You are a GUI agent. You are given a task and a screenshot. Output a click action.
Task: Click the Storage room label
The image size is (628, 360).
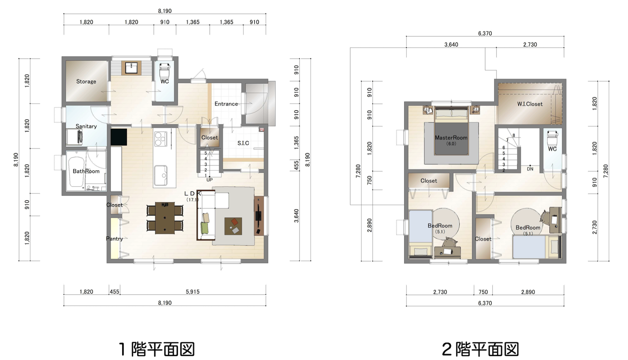coord(86,81)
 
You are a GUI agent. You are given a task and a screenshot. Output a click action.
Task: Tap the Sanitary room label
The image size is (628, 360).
coord(86,127)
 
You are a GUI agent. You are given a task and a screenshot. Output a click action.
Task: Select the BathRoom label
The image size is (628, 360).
coord(86,171)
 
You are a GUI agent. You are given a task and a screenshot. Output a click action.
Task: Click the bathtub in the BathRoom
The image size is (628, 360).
coord(76,172)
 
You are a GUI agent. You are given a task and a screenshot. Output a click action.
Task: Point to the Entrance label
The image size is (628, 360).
coord(226,104)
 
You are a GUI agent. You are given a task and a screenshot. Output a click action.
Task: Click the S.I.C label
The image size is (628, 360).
coord(243,143)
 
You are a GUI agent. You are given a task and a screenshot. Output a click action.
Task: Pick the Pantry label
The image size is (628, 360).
coord(115,239)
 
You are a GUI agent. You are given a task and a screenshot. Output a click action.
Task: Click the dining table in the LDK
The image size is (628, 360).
coord(165,218)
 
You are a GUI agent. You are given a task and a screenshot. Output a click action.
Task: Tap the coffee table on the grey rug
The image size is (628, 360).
coord(233,226)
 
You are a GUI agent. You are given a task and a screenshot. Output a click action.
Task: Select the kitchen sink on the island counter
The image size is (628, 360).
coord(161,175)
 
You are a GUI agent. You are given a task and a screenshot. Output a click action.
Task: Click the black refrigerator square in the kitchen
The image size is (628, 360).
coord(119,137)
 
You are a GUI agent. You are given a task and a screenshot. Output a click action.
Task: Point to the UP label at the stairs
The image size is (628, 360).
coord(210,180)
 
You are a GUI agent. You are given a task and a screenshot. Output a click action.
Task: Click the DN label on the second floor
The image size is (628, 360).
coord(530,169)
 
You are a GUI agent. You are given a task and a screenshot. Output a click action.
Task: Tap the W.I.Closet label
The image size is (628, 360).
coord(530,104)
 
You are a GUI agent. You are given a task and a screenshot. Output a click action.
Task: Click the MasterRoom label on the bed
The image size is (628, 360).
coord(451,138)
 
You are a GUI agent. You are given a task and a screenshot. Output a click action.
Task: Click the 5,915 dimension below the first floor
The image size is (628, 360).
coord(193,292)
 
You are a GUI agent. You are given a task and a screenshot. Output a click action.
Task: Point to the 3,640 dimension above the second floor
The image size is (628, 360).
coord(451,45)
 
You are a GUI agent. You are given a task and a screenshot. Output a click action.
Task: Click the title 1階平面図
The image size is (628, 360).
coord(157,349)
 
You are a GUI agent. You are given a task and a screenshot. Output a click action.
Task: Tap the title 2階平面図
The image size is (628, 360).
coord(480,349)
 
